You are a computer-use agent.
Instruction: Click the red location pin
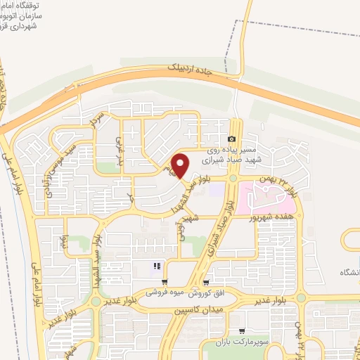(x=181, y=166)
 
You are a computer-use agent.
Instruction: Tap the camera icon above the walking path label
(x=233, y=139)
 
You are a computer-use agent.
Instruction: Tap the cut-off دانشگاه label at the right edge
(x=349, y=271)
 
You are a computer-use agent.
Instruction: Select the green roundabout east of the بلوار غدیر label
(x=301, y=298)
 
